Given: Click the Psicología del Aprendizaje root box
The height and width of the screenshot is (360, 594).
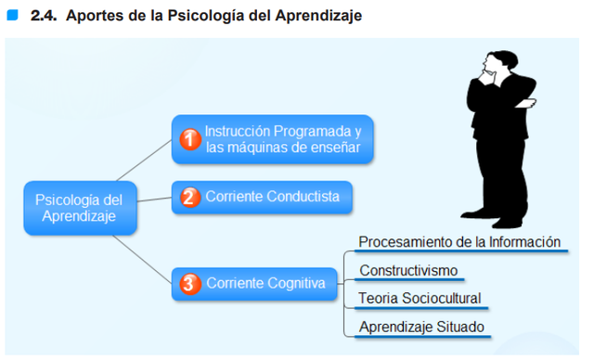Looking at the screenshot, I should [80, 208].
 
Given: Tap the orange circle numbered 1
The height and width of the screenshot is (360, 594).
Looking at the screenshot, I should [189, 139].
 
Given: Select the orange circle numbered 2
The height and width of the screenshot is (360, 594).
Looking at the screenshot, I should [189, 197].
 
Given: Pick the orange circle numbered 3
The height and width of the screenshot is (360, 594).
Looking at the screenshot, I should [189, 284].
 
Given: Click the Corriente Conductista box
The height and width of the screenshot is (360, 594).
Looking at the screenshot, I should [262, 197].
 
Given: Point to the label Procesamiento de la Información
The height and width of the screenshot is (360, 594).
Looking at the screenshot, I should [460, 242].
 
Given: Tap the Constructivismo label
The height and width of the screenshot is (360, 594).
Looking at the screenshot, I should [408, 271].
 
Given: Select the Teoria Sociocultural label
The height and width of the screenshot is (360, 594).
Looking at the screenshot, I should [420, 299].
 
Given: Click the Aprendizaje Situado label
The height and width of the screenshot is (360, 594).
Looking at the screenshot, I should [421, 327].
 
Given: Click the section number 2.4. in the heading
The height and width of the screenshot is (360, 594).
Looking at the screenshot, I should [44, 16].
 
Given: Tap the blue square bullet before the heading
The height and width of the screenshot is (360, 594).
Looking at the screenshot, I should [12, 16].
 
